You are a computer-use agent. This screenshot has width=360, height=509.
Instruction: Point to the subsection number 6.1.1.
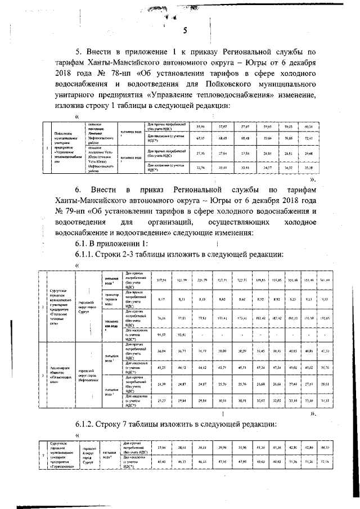[x=89, y=255]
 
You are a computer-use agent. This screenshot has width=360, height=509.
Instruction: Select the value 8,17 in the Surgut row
[x=161, y=300]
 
